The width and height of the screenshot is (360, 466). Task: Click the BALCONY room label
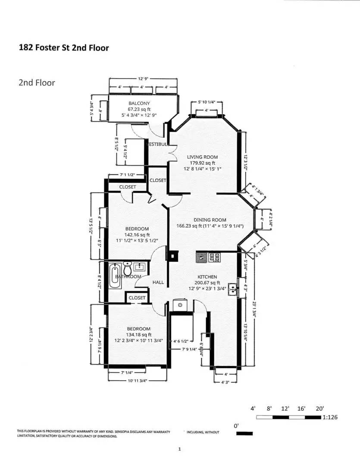click(139, 103)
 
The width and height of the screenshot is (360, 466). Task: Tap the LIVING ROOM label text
click(202, 157)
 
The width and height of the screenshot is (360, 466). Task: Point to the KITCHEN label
click(207, 277)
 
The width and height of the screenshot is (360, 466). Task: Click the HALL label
click(158, 282)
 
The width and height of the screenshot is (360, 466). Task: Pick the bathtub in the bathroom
click(115, 276)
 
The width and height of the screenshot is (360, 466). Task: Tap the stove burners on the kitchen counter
click(214, 258)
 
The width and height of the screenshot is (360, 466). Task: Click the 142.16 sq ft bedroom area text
click(137, 235)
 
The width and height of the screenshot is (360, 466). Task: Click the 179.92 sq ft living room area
click(202, 163)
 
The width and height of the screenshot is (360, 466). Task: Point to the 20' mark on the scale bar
click(319, 408)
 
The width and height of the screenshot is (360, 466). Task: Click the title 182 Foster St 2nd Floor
click(64, 47)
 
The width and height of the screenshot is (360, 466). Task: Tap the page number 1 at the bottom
click(179, 449)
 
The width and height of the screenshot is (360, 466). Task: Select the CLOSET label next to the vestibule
click(158, 180)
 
